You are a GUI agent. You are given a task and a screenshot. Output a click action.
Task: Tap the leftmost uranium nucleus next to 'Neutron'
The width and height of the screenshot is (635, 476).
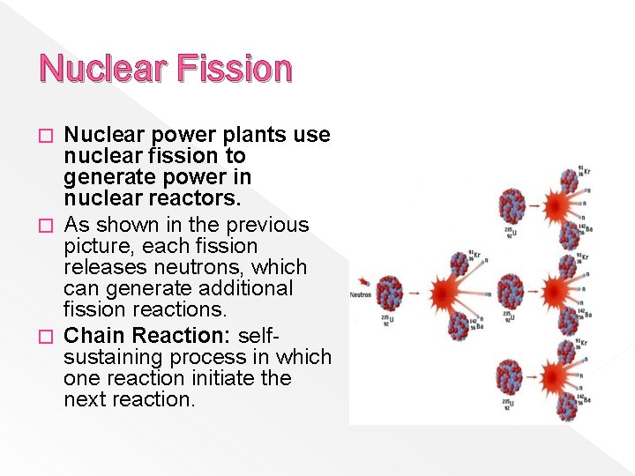tap(390, 293)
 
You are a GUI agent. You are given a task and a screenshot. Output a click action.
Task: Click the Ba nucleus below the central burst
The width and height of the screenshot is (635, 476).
tap(458, 326)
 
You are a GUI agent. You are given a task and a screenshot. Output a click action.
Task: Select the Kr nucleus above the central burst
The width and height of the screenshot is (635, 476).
tap(459, 261)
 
